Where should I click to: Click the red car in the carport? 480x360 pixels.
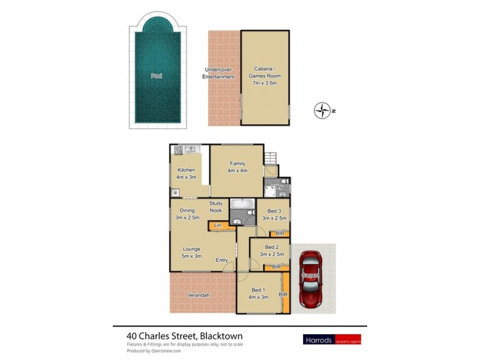coord(311,278)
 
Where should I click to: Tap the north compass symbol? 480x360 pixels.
coord(323,110)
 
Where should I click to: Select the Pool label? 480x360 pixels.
coord(157,76)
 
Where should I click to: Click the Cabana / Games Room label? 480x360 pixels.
coord(265,76)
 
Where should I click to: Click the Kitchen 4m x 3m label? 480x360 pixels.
coord(186,173)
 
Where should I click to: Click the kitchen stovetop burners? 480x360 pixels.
coord(178,149)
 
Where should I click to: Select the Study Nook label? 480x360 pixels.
coord(216,207)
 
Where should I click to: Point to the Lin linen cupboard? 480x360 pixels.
coord(218,226)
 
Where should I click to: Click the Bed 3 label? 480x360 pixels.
coord(274,214)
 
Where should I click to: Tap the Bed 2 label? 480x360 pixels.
coord(272,250)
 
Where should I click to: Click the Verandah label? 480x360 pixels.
coord(197,295)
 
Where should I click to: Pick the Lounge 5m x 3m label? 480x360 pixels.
coord(191,252)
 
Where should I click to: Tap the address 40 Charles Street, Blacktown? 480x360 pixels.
coord(184,336)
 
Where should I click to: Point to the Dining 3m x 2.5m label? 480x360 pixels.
coord(187,214)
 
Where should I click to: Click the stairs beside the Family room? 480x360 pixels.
coord(271,157)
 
